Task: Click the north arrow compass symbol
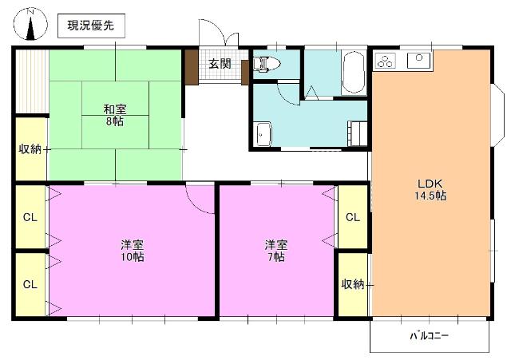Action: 31,25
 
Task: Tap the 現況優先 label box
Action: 90,26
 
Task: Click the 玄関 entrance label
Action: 220,65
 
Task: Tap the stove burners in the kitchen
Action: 386,61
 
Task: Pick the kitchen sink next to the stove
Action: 418,60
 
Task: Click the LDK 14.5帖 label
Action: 430,188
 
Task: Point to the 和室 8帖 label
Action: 114,114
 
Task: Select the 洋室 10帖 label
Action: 132,251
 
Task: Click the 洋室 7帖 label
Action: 276,251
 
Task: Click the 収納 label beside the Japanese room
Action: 30,148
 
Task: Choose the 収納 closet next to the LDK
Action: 353,284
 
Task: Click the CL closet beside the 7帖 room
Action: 352,217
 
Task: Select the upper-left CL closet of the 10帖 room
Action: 30,217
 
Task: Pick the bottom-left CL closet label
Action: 30,284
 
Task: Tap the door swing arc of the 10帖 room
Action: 198,196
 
